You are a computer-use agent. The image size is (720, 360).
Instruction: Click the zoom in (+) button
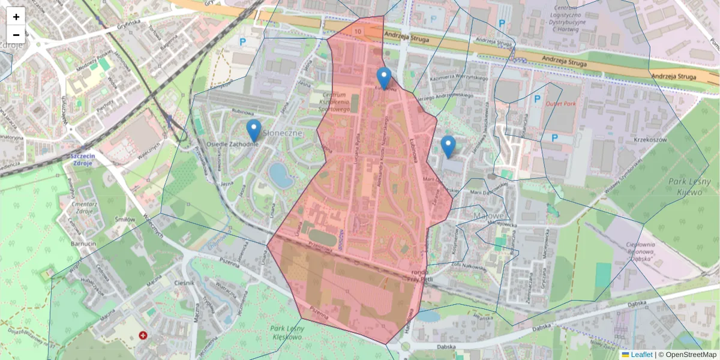tap(16, 17)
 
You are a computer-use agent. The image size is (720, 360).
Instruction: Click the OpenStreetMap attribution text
tap(691, 355)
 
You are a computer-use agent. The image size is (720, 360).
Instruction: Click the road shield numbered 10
tap(358, 31)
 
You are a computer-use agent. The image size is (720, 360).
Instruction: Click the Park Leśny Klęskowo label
tap(285, 332)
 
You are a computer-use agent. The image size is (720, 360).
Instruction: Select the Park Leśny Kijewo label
tap(686, 185)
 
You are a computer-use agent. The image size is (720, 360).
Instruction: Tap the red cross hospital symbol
tap(143, 335)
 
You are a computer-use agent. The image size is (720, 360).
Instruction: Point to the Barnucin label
tap(84, 245)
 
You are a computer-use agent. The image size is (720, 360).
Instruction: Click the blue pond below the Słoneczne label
tap(280, 175)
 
